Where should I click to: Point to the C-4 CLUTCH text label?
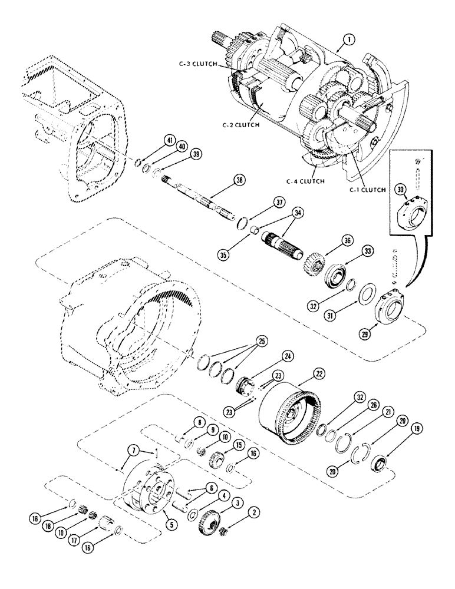click(306, 181)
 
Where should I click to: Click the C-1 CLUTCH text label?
click(365, 190)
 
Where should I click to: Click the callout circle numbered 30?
click(400, 189)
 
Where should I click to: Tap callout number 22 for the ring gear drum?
click(318, 373)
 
